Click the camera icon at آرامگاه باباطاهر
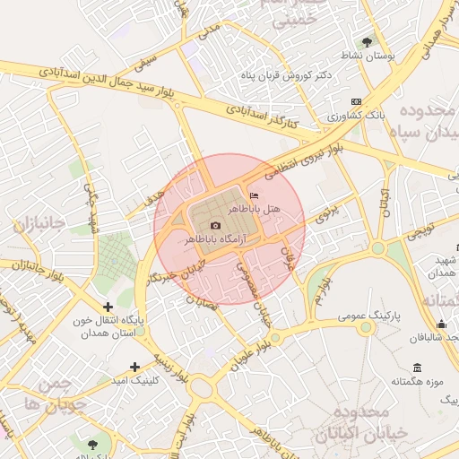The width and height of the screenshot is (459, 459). coord(215,225)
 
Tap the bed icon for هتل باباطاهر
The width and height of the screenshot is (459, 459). coord(255,195)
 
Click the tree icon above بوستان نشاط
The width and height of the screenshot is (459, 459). coord(367,41)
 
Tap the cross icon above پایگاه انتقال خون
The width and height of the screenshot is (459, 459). coord(108,307)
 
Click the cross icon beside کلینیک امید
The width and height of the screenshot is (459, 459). coord(134,367)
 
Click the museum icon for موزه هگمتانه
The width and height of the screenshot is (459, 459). coord(417,368)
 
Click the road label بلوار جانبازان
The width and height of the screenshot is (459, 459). coord(27,266)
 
